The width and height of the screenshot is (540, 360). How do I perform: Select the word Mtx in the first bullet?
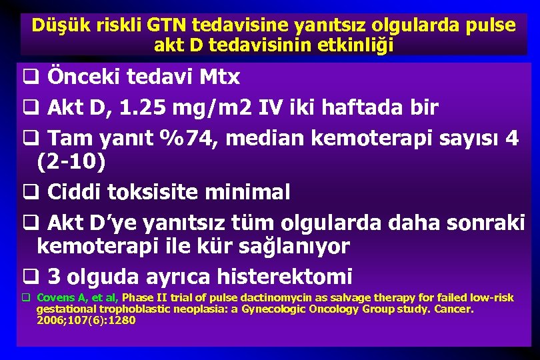tap(219, 77)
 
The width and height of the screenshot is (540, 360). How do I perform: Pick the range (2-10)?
tap(71, 161)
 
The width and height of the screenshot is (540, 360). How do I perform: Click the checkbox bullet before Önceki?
tap(29, 78)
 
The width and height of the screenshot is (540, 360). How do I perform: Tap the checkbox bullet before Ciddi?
tap(29, 193)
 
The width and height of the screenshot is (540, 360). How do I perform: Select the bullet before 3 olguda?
tap(29, 277)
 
